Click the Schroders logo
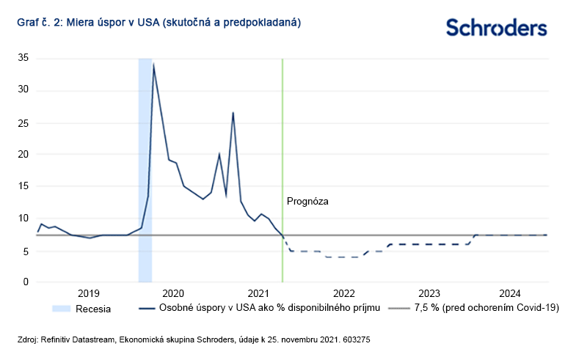[x=497, y=28]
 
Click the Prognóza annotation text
[x=307, y=200]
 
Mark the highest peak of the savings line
[x=153, y=65]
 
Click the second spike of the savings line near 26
[x=233, y=113]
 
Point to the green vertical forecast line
[x=282, y=147]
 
